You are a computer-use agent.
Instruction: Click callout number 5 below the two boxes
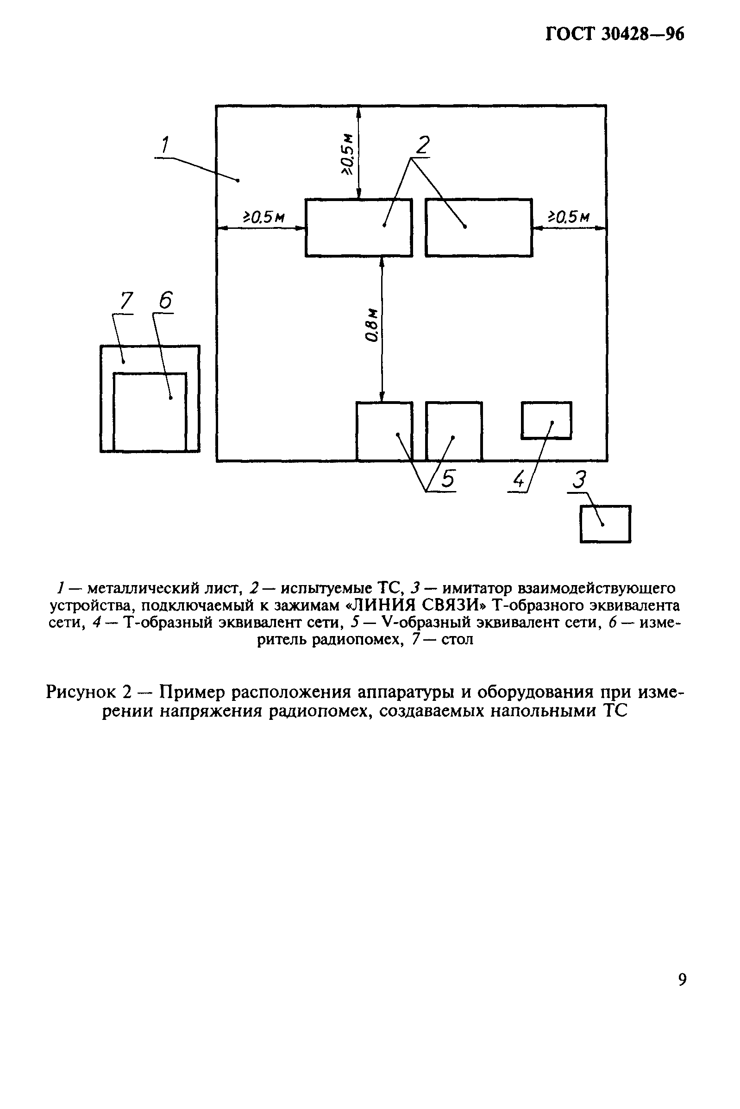[x=447, y=479]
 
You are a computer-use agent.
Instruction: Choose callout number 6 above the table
[x=166, y=301]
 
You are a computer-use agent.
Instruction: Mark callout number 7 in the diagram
[x=126, y=301]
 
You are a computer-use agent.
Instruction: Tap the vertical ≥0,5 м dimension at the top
[x=348, y=153]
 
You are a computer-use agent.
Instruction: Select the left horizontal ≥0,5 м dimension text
[x=263, y=217]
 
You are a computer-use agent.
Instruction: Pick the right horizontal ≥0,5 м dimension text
[x=568, y=217]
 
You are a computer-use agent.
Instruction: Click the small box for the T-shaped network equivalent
[x=546, y=420]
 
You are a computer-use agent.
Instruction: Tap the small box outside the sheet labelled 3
[x=606, y=524]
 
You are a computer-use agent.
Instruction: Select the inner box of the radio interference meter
[x=150, y=412]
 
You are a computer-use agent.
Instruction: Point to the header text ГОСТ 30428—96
[x=615, y=34]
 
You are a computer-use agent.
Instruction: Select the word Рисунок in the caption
[x=81, y=692]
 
